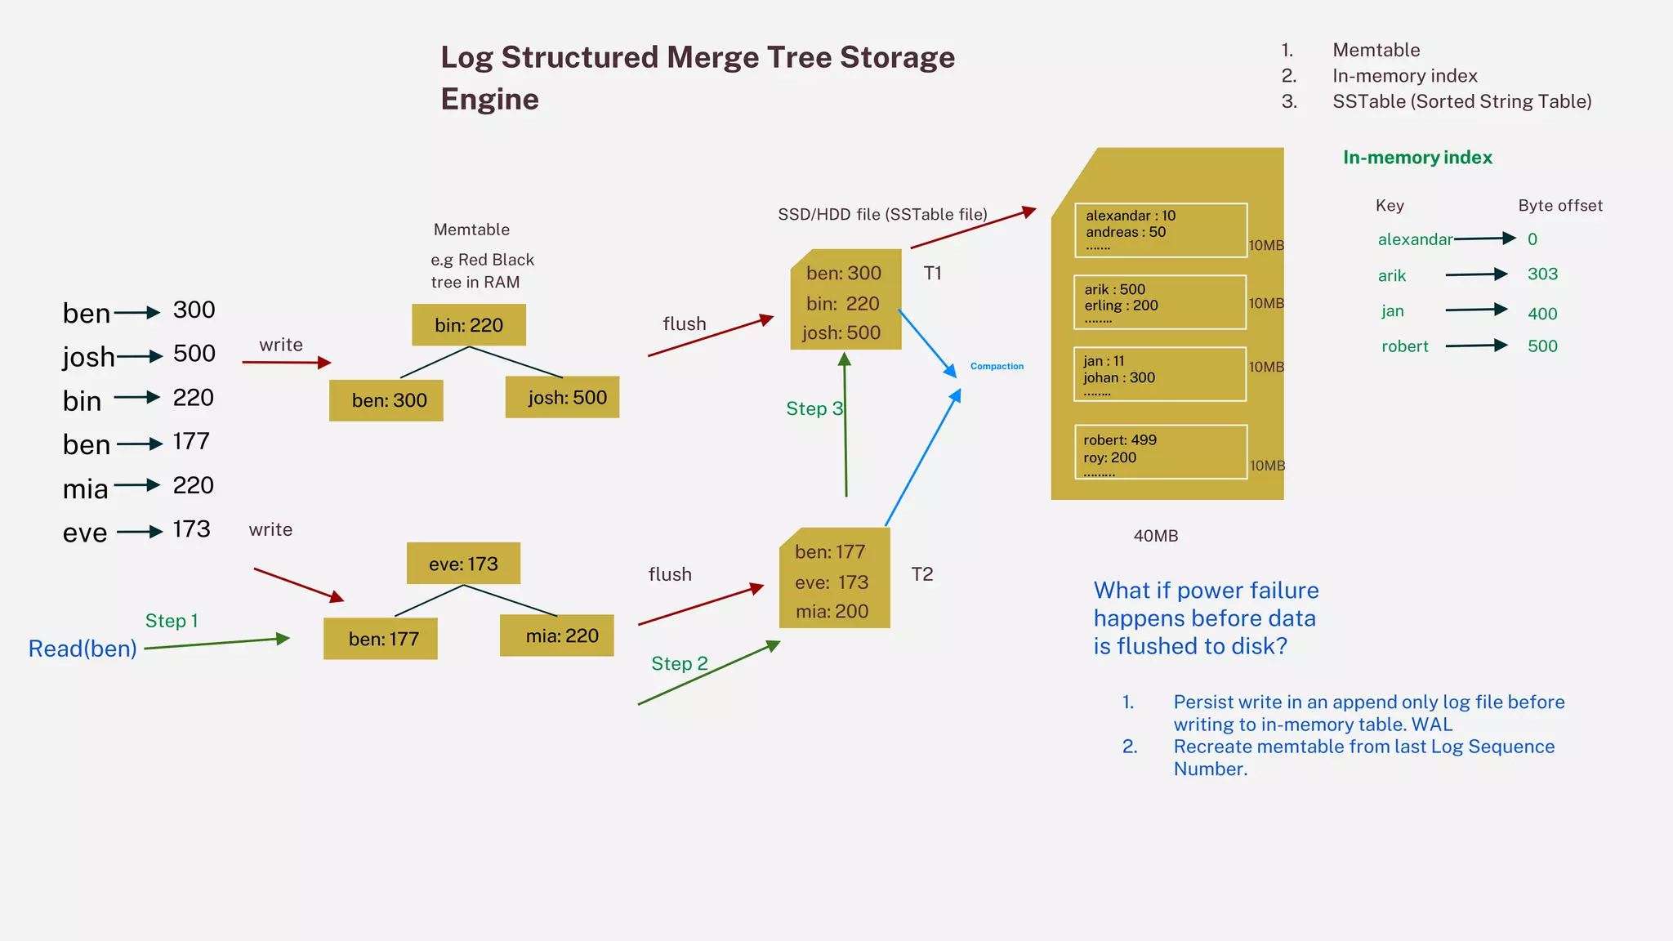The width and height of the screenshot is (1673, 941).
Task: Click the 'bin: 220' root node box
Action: coord(469,325)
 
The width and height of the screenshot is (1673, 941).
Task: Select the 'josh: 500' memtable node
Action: coord(563,398)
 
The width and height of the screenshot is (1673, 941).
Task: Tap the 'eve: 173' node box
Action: coord(463,564)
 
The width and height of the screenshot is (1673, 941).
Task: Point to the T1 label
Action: coord(933,274)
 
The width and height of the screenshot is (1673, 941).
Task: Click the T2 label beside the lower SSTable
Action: coord(922,574)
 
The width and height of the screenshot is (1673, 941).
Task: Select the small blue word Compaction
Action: coord(997,366)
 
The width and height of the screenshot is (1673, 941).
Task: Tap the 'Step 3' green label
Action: coord(814,408)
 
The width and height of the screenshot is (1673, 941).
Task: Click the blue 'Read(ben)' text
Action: coord(83,649)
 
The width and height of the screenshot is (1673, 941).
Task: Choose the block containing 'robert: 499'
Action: coord(1161,452)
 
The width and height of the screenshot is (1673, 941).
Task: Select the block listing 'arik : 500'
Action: coord(1160,302)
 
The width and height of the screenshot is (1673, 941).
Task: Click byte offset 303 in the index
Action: coord(1542,274)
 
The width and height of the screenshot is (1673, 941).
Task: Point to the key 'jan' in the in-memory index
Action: coord(1393,311)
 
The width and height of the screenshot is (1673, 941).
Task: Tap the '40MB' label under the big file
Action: coord(1156,536)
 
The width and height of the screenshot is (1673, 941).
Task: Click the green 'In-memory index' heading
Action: coord(1417,158)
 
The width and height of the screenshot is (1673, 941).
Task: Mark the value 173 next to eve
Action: coord(192,529)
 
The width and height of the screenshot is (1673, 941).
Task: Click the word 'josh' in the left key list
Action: coord(88,357)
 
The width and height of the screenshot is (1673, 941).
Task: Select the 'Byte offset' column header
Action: coord(1560,206)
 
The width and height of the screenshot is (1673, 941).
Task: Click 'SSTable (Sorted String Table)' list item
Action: coord(1461,101)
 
